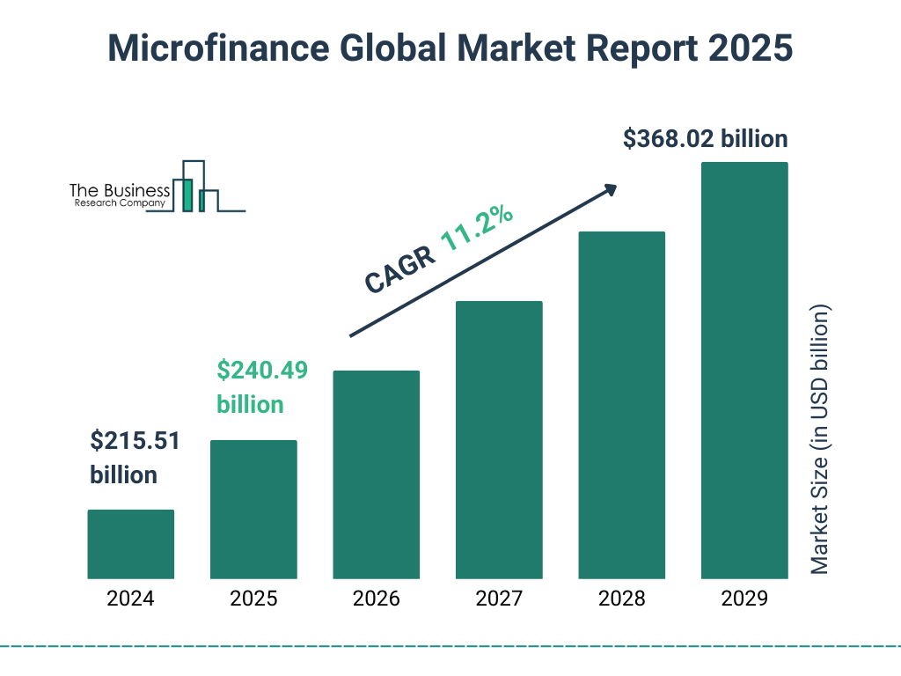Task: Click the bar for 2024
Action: pyautogui.click(x=130, y=544)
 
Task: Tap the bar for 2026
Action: pyautogui.click(x=376, y=474)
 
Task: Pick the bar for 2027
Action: pyautogui.click(x=499, y=439)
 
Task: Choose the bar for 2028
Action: pyautogui.click(x=621, y=405)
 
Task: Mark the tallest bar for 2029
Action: pyautogui.click(x=744, y=370)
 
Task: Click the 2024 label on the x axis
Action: pyautogui.click(x=130, y=599)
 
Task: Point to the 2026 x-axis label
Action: pyautogui.click(x=376, y=599)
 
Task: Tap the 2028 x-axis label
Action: pyautogui.click(x=621, y=599)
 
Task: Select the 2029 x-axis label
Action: pyautogui.click(x=744, y=599)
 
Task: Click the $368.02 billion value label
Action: pyautogui.click(x=705, y=139)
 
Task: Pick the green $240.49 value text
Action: pyautogui.click(x=262, y=371)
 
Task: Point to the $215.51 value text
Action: pyautogui.click(x=136, y=441)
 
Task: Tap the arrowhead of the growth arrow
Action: pyautogui.click(x=610, y=189)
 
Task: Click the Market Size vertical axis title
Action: pyautogui.click(x=820, y=440)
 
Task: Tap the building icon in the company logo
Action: pyautogui.click(x=195, y=187)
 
